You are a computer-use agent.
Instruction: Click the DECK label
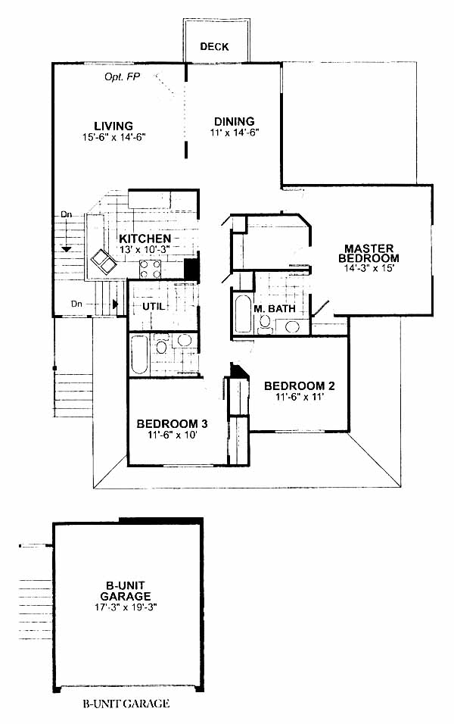coord(215,47)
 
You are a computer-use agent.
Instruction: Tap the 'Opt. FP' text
coord(123,76)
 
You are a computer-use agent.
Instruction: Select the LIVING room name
coord(113,126)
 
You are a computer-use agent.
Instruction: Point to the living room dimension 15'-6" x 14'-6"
coord(113,136)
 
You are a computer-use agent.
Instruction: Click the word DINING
coord(235,121)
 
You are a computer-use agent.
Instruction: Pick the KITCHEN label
coord(145,239)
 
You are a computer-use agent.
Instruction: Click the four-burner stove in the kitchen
coord(151,269)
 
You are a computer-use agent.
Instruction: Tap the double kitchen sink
coord(102,262)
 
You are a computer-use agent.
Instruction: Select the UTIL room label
coord(153,306)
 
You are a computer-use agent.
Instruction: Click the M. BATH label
coord(275,308)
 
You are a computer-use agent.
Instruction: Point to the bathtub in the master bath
coord(243,314)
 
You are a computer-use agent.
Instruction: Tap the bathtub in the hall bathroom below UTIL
coord(139,354)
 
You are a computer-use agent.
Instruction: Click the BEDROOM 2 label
coord(300,385)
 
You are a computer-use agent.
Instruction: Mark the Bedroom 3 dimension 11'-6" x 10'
coord(173,435)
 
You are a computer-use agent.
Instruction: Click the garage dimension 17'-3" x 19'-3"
coord(126,607)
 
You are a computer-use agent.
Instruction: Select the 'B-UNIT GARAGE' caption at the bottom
coord(126,704)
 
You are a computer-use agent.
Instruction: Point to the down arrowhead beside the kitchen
coord(67,249)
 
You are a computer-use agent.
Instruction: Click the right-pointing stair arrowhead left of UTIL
coord(115,304)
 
